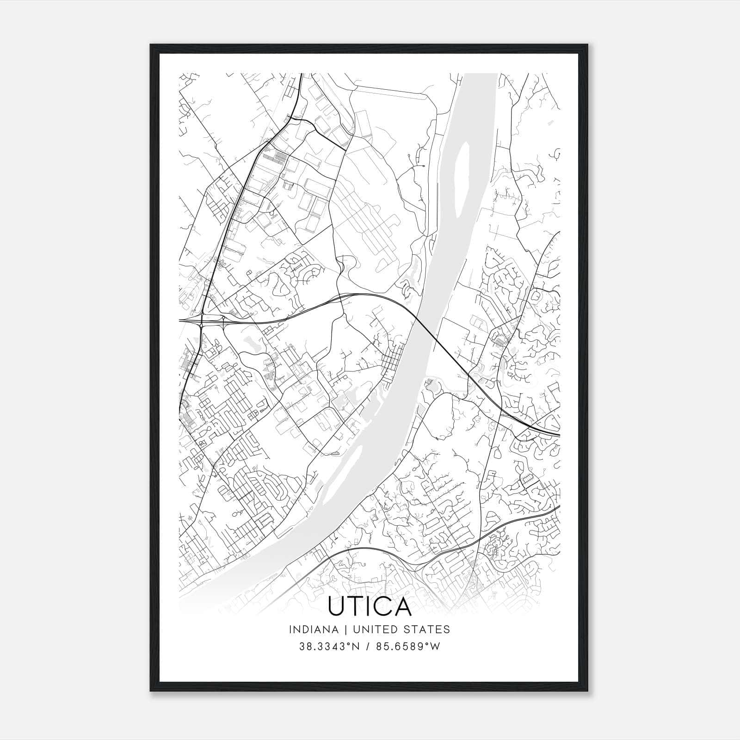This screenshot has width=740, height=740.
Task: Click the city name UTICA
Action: click(370, 606)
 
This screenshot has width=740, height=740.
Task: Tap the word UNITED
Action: click(373, 629)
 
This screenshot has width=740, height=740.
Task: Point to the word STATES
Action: click(426, 629)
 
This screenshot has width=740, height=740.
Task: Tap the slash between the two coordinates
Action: click(368, 647)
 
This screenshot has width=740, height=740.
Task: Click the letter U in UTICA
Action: click(336, 606)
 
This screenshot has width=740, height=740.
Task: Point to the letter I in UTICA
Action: click(370, 606)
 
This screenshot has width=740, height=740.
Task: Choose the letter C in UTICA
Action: click(383, 606)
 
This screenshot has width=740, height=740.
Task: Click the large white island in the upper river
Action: click(461, 180)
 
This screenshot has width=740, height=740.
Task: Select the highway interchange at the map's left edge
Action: click(203, 320)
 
